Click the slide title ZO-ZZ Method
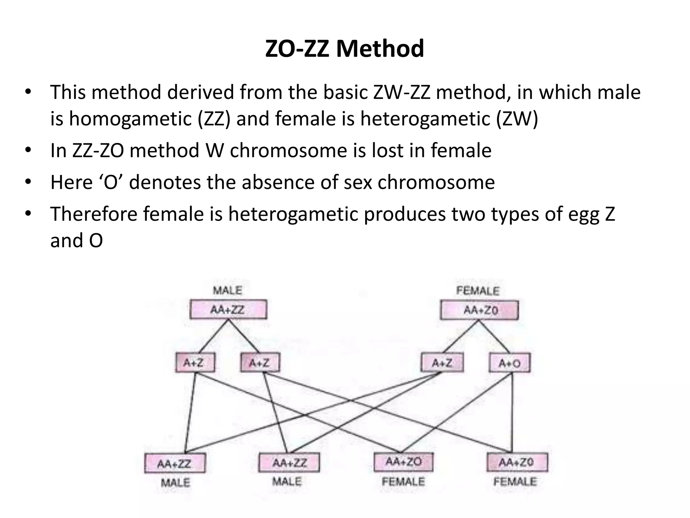pos(344,49)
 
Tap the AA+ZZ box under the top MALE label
pos(228,310)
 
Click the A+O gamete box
pos(509,363)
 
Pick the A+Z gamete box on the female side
pos(442,363)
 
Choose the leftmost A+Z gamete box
pos(195,363)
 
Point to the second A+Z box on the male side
pos(260,363)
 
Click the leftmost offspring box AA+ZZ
pos(175,463)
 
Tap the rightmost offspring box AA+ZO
pos(517,462)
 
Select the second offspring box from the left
pos(289,463)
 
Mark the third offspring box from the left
pos(403,462)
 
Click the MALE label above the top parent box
pos(228,290)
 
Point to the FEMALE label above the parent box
pos(478,291)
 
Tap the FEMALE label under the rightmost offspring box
pos(515,481)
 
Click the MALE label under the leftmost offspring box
pos(176,482)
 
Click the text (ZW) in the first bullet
pos(517,119)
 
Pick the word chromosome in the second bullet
pos(288,150)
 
